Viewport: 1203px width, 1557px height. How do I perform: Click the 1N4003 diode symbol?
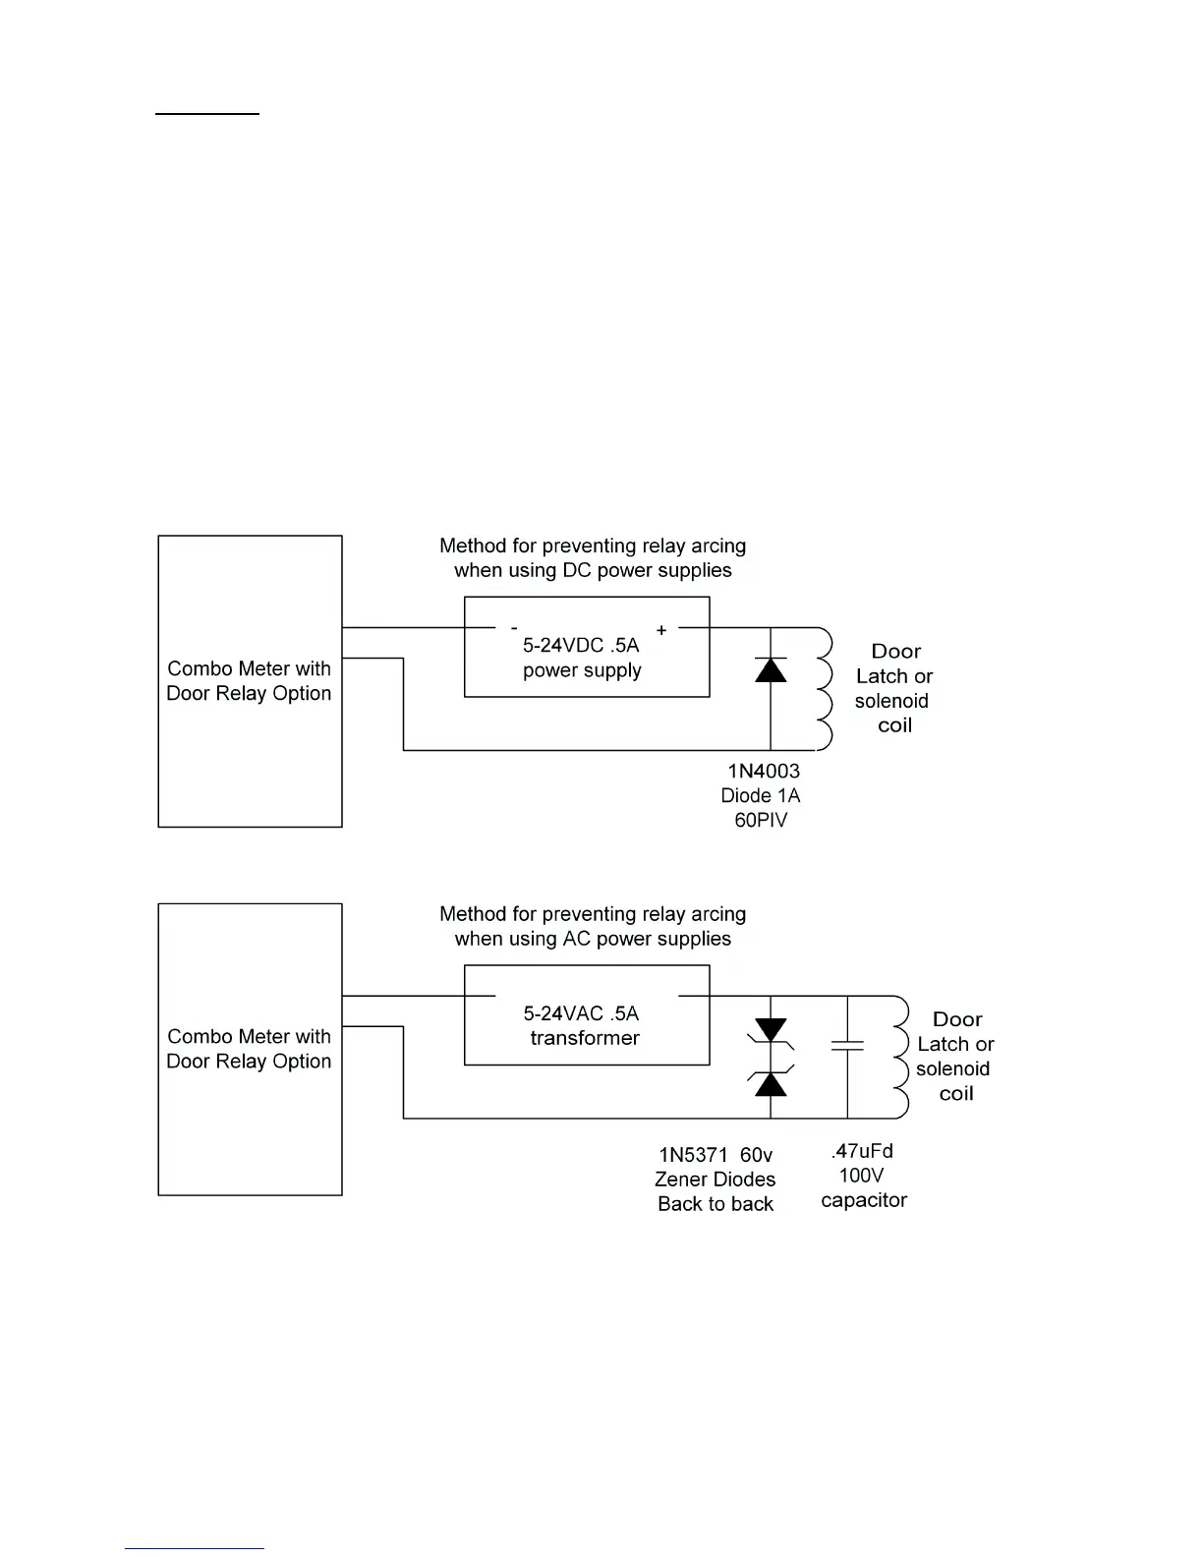771,670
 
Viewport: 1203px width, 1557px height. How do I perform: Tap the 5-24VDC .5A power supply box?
586,648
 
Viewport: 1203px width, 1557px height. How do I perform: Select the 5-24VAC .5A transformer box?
586,1015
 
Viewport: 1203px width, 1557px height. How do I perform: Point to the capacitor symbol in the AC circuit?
847,1045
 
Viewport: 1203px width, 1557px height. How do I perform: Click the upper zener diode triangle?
771,1031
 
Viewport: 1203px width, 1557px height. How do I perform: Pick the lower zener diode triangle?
771,1083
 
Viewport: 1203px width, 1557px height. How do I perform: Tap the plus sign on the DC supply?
661,630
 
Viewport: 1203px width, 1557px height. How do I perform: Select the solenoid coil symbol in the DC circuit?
824,689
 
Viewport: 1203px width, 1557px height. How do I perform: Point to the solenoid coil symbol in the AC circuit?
899,1057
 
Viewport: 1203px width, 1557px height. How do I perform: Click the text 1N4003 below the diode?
764,772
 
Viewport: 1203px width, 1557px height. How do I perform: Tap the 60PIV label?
761,820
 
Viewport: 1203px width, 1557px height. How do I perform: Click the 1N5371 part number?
693,1155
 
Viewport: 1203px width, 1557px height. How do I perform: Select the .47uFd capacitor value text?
862,1151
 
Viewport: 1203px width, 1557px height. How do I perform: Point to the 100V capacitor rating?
861,1176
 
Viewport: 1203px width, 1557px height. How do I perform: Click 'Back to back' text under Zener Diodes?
716,1204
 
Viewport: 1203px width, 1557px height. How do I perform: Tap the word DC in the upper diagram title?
574,570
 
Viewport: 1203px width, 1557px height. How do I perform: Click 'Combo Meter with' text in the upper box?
249,668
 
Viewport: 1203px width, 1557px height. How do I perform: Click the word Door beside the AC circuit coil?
957,1019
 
